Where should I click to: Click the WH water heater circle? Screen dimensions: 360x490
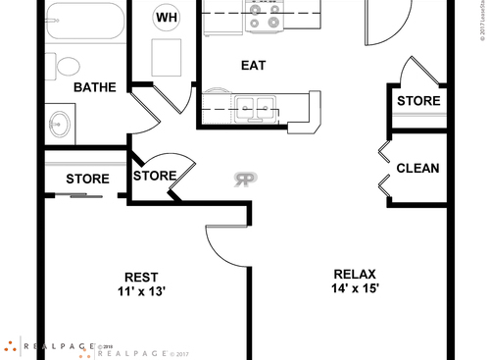tap(166, 16)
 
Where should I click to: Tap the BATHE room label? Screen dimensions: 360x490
tap(95, 87)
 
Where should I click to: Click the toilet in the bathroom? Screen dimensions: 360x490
tap(68, 67)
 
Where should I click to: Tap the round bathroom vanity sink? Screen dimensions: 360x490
tap(60, 124)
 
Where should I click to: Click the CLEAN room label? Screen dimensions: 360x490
tap(417, 169)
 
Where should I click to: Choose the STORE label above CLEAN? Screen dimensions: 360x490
tap(418, 100)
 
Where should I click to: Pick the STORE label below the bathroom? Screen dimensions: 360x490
tap(87, 180)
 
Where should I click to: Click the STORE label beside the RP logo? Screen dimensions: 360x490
tap(155, 177)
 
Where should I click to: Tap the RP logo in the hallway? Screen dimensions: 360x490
tap(245, 179)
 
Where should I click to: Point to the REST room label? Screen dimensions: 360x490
tap(142, 277)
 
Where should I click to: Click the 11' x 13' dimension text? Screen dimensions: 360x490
tap(142, 291)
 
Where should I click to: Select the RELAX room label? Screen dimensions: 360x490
tap(355, 274)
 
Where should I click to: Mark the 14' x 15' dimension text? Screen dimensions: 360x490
tap(355, 288)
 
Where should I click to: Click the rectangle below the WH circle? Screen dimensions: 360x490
tap(166, 55)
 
